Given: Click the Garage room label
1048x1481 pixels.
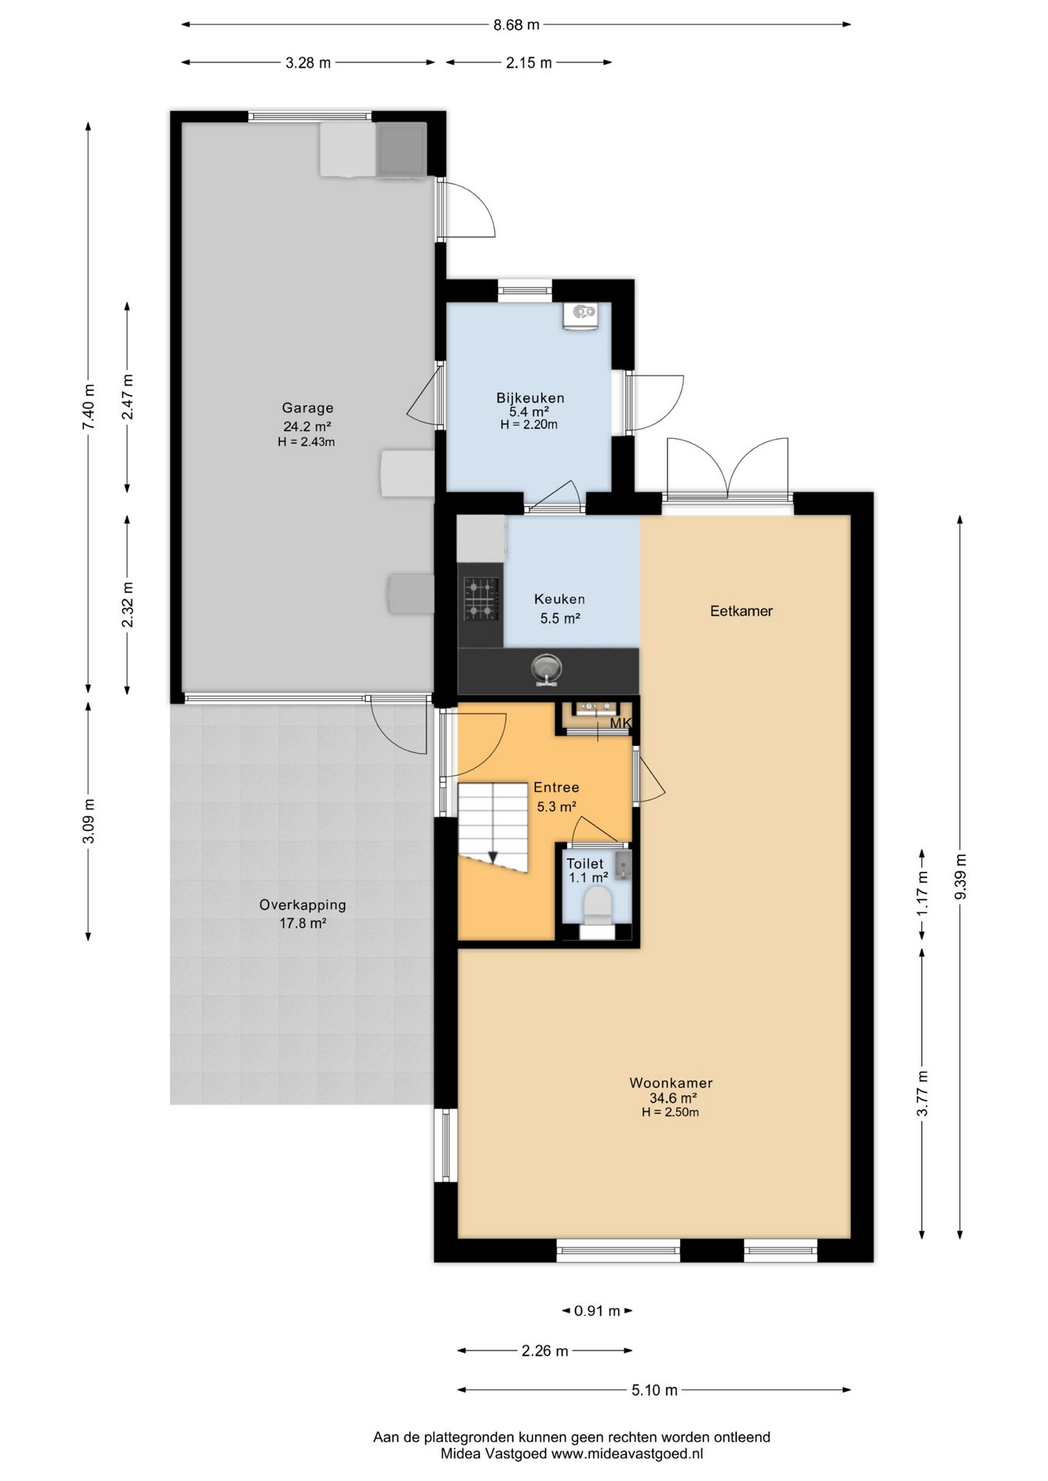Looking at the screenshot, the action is click(x=307, y=408).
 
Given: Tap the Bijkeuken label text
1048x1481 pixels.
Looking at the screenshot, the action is click(x=530, y=398).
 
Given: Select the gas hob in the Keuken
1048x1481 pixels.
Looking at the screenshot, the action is click(x=480, y=599).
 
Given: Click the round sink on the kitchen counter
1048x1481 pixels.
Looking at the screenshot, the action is click(x=547, y=669).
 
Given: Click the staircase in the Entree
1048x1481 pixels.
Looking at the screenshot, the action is click(x=493, y=828).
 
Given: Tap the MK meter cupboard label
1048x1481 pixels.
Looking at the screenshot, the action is click(x=620, y=724).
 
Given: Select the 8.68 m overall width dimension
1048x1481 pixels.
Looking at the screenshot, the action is click(x=516, y=25).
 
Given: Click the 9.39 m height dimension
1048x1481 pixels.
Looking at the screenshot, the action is click(x=960, y=877).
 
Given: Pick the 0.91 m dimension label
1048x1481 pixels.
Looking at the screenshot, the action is click(x=598, y=1311).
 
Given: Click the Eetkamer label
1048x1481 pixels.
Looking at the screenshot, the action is click(x=742, y=611).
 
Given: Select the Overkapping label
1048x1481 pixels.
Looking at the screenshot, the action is click(x=303, y=905).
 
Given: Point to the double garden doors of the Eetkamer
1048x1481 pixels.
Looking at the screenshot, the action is click(x=728, y=471).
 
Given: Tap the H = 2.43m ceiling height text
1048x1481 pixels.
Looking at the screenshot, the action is click(x=306, y=442).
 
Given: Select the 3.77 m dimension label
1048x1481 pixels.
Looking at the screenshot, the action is click(x=922, y=1093).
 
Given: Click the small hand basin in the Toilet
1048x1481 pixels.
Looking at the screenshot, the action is click(x=624, y=865).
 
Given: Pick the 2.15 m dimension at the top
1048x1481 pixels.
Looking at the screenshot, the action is click(x=529, y=63).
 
